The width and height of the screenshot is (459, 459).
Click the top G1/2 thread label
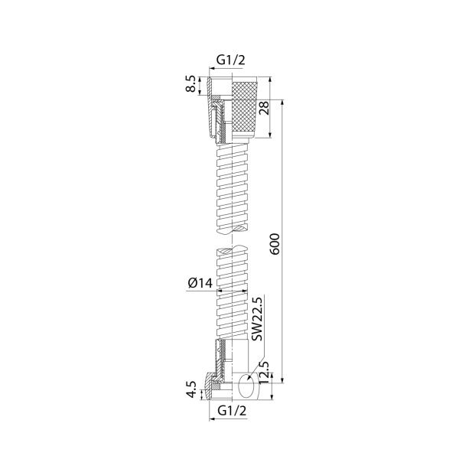coord(230,60)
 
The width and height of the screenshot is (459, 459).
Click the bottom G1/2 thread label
coord(232,411)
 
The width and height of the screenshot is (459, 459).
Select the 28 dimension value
coord(263,107)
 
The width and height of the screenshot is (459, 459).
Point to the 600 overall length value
coord(275,244)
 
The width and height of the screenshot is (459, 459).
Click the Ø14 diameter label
coord(200,283)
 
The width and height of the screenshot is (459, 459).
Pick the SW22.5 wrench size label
coord(258,319)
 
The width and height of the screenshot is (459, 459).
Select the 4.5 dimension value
coord(191,389)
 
